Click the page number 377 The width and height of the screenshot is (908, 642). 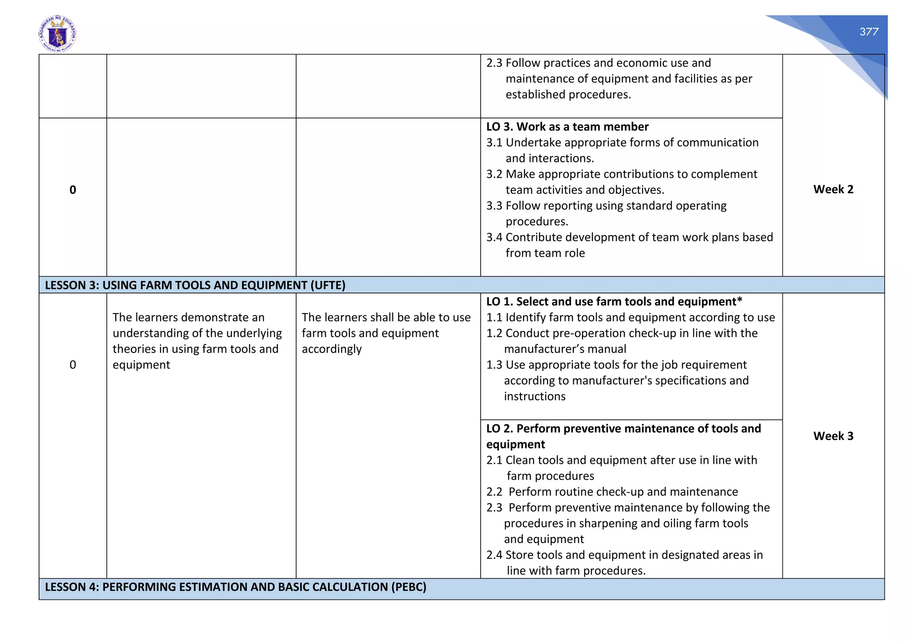point(869,31)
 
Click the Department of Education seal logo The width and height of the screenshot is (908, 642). point(58,34)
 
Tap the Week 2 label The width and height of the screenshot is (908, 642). point(833,189)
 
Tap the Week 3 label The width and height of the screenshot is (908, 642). point(833,436)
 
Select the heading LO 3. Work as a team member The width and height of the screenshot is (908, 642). point(567,127)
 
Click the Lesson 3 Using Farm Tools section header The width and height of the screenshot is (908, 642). point(195,285)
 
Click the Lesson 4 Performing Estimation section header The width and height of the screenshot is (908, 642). point(235,587)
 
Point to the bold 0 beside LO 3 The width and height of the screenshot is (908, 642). point(73,190)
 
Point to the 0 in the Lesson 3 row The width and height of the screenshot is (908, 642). point(73,365)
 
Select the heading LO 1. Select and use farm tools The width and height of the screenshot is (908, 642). point(614,301)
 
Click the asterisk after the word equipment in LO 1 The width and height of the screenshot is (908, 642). point(740,301)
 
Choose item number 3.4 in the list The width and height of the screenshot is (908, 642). point(494,237)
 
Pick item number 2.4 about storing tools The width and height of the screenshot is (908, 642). point(494,555)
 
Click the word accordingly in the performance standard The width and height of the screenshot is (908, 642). point(332,349)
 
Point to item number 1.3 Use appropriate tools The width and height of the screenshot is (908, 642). point(494,365)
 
